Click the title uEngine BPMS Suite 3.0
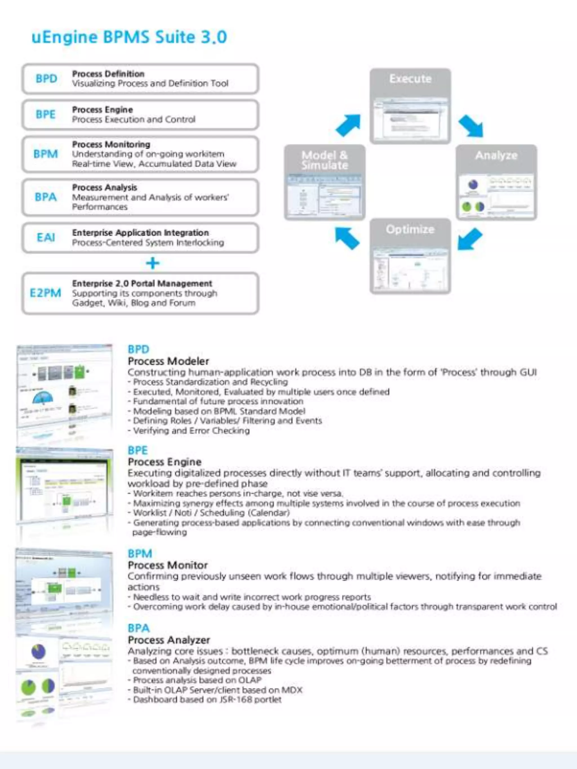tap(129, 37)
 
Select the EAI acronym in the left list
tap(46, 237)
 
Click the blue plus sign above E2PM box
tap(152, 263)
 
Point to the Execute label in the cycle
tap(410, 79)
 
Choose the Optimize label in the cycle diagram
tap(410, 229)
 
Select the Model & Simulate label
tap(325, 160)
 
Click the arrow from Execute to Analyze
tap(471, 126)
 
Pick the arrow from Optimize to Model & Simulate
tap(347, 238)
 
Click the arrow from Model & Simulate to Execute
tap(349, 125)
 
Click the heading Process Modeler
tap(168, 361)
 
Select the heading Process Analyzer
tap(169, 640)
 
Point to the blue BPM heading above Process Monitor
tap(140, 554)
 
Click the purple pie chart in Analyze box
tap(473, 185)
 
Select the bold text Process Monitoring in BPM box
tap(111, 144)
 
